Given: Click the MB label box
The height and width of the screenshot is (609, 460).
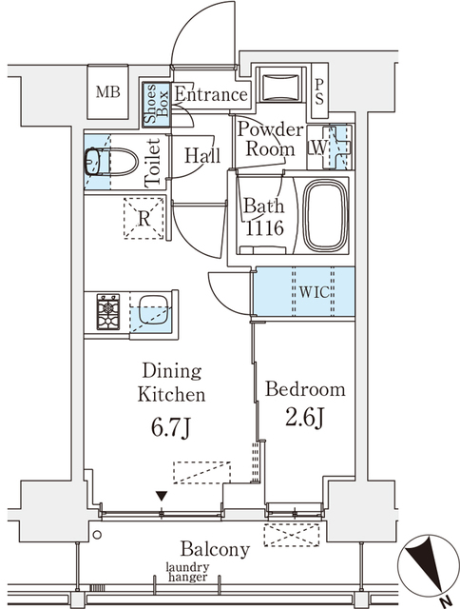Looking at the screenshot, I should point(106,93).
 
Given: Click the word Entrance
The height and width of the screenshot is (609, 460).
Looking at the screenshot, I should point(210,95).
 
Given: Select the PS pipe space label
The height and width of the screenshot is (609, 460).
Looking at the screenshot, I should point(319,90).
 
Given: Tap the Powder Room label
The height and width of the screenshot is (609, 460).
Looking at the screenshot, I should point(271,139).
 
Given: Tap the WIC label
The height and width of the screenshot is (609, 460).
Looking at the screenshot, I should point(316,292).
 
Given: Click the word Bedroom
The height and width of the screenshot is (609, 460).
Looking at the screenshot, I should point(304,390).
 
